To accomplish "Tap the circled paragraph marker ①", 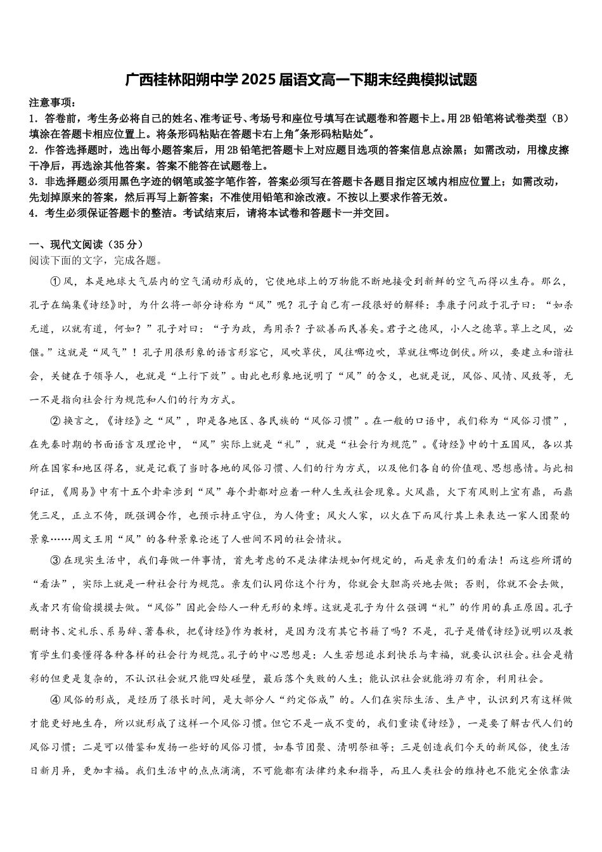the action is [54, 282].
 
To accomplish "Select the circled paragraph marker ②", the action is [54, 421].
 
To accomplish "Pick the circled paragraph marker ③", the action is [54, 560].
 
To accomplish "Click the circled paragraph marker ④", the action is [54, 700].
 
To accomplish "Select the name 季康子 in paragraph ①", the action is [455, 306].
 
